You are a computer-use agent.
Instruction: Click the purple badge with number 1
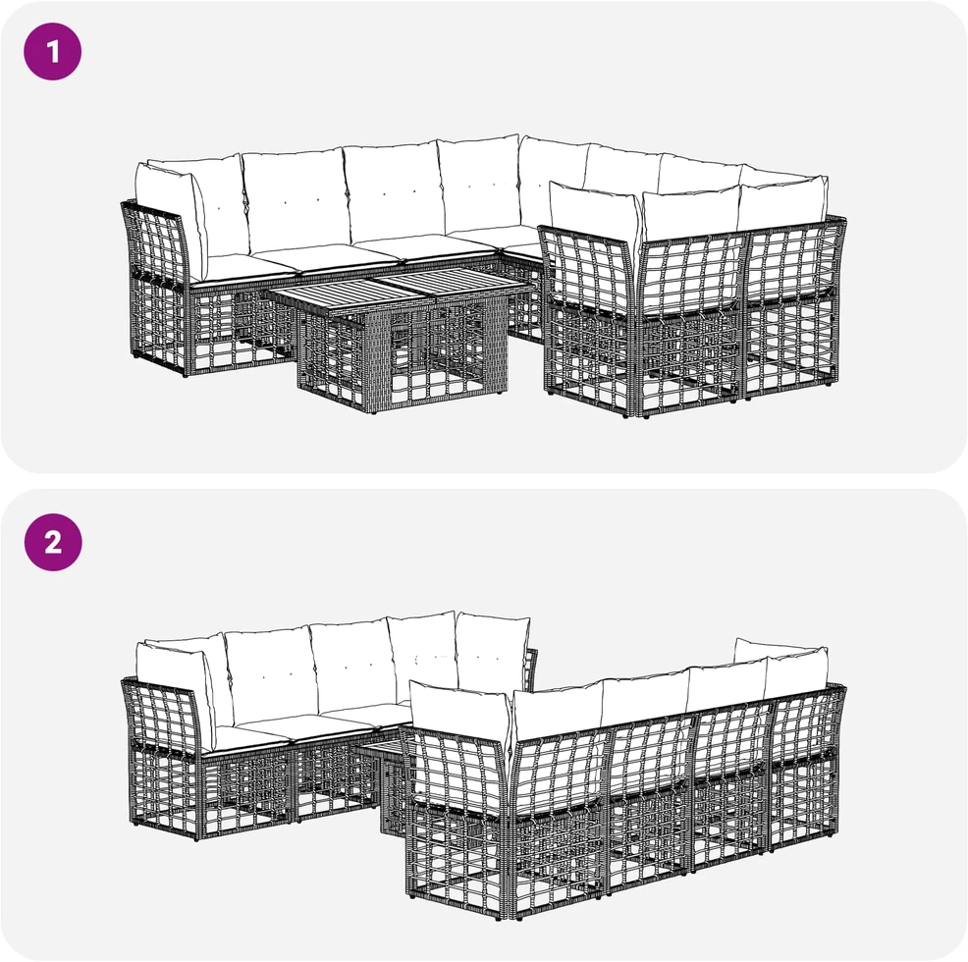tap(52, 51)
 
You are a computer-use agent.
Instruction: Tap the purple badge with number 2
tap(53, 542)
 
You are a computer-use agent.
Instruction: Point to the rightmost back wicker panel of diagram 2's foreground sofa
tap(806, 766)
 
